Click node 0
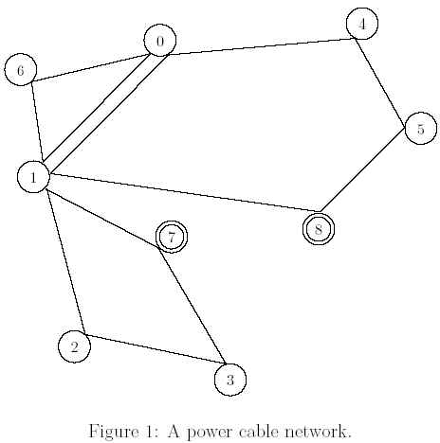(x=160, y=40)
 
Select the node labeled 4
(x=362, y=24)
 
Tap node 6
(x=21, y=70)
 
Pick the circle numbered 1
(x=33, y=177)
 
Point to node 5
(x=421, y=129)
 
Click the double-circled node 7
(x=172, y=237)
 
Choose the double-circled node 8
(x=319, y=229)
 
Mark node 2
(x=74, y=346)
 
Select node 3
(x=230, y=380)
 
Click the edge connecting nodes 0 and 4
(x=262, y=46)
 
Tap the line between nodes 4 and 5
(x=380, y=82)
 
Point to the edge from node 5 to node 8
(x=362, y=169)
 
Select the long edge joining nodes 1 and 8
(x=185, y=192)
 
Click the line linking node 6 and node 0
(x=90, y=67)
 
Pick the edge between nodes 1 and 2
(x=65, y=261)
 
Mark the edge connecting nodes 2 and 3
(x=156, y=349)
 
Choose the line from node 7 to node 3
(x=192, y=306)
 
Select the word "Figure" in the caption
(x=114, y=432)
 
